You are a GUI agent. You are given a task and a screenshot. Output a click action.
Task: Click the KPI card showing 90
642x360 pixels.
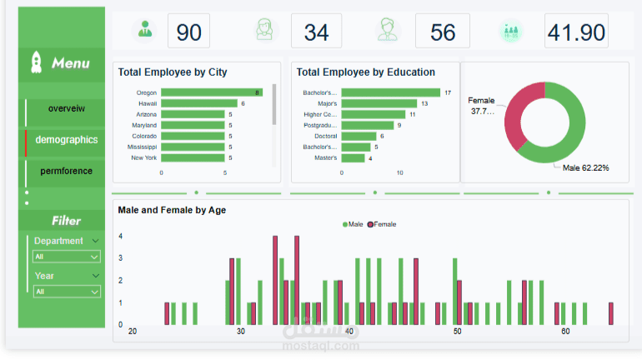coord(188,32)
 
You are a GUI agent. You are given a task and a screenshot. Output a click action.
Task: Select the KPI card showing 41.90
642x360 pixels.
coord(576,32)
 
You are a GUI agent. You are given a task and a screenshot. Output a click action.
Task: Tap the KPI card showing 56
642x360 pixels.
coord(443,32)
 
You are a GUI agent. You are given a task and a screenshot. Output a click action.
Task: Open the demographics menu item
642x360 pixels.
coord(66,140)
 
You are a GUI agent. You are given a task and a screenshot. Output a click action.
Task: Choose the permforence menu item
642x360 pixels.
coord(66,171)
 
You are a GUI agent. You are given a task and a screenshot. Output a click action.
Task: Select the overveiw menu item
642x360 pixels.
coord(66,108)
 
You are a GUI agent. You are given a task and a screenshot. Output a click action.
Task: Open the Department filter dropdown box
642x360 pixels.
coord(66,257)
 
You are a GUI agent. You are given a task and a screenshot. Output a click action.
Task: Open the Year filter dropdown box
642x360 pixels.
coord(66,292)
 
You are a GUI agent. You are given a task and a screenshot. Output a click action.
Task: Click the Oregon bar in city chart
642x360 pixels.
coord(212,92)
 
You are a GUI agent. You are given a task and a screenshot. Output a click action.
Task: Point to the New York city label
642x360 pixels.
coord(143,157)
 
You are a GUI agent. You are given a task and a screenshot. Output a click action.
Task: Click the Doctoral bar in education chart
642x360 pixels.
coord(359,136)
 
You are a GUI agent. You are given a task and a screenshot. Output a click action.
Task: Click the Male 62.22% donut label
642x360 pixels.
coord(585,168)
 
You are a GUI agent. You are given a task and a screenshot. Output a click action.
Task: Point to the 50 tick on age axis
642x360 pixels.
coord(457,332)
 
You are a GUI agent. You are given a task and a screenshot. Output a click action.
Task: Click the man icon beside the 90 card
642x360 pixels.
coord(146,31)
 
